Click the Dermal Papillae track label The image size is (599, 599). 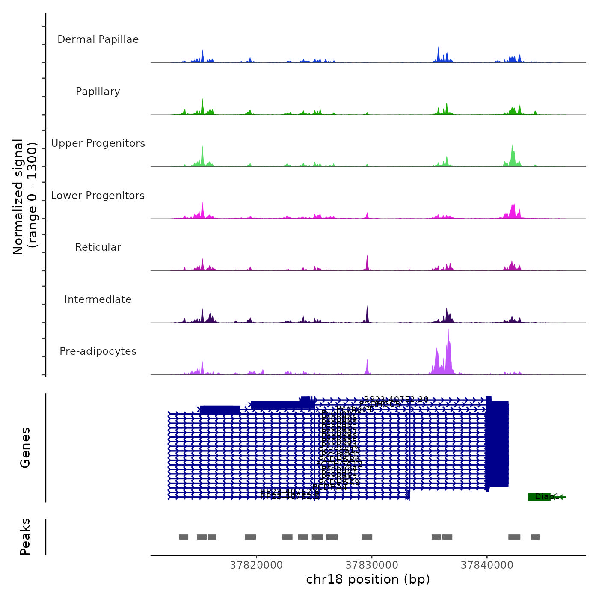pos(98,39)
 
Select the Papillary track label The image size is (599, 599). pos(98,92)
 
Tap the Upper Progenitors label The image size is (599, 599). pos(98,143)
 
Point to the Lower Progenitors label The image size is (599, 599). pos(98,196)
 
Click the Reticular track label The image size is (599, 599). pos(98,247)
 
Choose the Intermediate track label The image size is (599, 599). pos(98,299)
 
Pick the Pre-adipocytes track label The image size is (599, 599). pos(98,351)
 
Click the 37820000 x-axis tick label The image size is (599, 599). pos(256,565)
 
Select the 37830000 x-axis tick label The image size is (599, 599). pos(372,565)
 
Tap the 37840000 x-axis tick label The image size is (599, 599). pos(487,565)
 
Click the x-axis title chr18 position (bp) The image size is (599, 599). pos(368,579)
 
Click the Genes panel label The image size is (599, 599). pos(25,448)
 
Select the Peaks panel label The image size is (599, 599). pos(25,537)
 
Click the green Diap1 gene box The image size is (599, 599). pos(539,497)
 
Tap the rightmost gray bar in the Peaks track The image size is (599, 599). pos(535,537)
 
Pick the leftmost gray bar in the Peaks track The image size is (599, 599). pos(184,537)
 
